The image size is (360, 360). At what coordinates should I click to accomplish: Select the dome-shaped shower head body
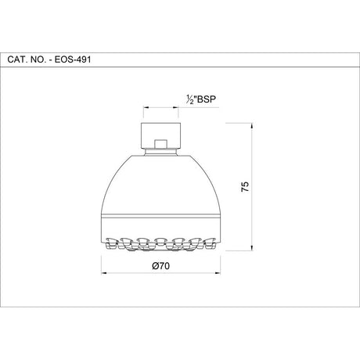[x=160, y=184]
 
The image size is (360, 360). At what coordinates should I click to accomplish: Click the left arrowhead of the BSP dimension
[x=142, y=107]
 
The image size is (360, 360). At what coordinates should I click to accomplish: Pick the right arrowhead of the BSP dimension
[x=178, y=107]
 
